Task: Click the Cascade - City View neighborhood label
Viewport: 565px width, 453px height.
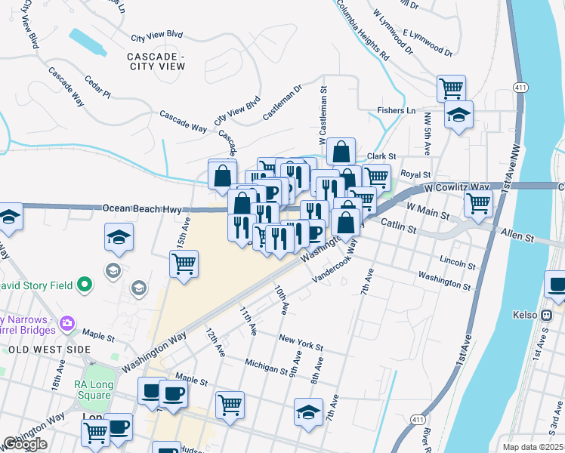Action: (x=156, y=61)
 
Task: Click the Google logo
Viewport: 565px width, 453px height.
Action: (x=24, y=445)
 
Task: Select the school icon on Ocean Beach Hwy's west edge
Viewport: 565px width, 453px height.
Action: (x=8, y=216)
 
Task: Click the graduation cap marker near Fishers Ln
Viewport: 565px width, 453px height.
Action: (x=458, y=116)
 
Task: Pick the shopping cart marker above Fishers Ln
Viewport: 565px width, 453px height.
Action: (x=451, y=88)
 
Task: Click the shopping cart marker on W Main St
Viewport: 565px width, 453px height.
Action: (x=477, y=202)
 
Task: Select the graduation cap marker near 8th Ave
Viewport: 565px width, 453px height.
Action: (x=309, y=412)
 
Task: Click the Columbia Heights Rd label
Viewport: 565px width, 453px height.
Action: (x=362, y=30)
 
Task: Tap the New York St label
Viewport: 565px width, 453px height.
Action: (x=301, y=343)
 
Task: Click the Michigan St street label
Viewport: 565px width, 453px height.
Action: (x=265, y=365)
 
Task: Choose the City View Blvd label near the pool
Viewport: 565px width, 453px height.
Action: (x=157, y=35)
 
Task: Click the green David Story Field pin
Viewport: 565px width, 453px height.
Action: (x=84, y=285)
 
